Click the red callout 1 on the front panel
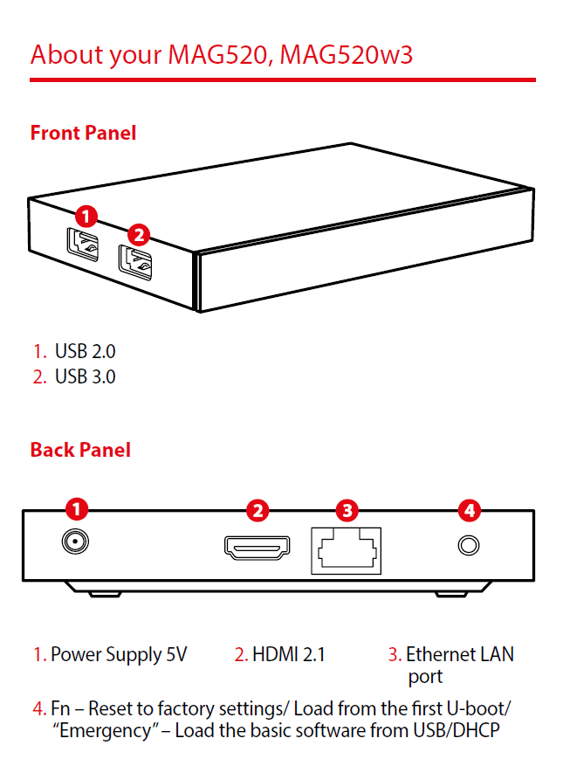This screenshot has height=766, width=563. pyautogui.click(x=86, y=215)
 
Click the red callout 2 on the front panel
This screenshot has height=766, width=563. pyautogui.click(x=138, y=234)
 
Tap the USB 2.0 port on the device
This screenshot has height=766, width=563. pyautogui.click(x=83, y=242)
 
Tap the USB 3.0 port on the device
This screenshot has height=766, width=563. pyautogui.click(x=136, y=261)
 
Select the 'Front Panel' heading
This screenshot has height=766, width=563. pyautogui.click(x=83, y=133)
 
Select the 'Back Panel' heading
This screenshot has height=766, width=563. pyautogui.click(x=80, y=450)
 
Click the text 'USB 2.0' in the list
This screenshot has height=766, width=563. pyautogui.click(x=85, y=351)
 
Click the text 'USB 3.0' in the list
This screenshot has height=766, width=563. pyautogui.click(x=85, y=377)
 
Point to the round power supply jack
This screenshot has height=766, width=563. pyautogui.click(x=75, y=543)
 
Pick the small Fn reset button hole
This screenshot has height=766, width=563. pyautogui.click(x=469, y=546)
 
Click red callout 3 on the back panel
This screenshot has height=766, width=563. pyautogui.click(x=347, y=509)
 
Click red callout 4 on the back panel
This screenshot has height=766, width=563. pyautogui.click(x=469, y=509)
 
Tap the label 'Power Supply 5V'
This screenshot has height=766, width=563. pyautogui.click(x=119, y=654)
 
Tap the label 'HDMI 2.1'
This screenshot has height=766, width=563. pyautogui.click(x=288, y=654)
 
